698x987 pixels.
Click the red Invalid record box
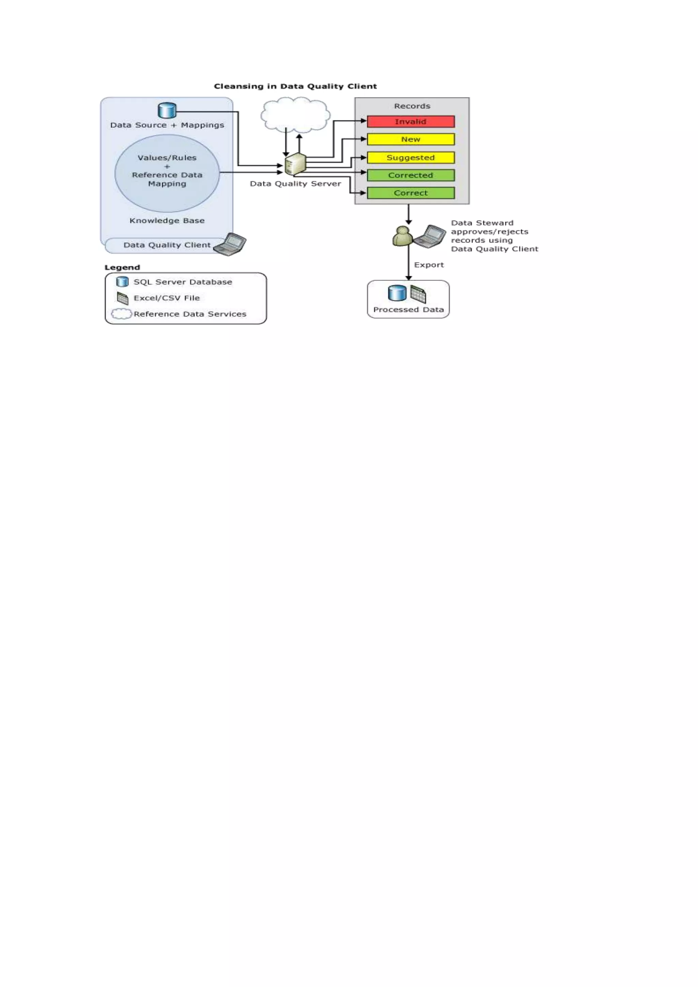coord(410,122)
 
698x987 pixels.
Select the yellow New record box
coord(410,139)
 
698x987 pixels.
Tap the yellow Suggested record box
coord(410,158)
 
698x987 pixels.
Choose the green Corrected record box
coord(410,176)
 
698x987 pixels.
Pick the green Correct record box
coord(410,193)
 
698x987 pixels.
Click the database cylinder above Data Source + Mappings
coord(167,110)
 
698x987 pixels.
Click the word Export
coord(428,265)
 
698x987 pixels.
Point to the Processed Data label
coord(408,309)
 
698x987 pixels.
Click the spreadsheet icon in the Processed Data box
coord(418,294)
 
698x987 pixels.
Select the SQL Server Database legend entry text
coord(183,282)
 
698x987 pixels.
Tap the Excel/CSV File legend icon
coord(122,298)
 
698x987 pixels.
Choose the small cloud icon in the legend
coord(122,314)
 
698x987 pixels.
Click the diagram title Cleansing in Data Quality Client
coord(295,87)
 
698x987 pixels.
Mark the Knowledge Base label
coord(167,221)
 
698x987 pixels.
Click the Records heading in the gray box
coord(412,106)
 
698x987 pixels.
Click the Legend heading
coord(122,268)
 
